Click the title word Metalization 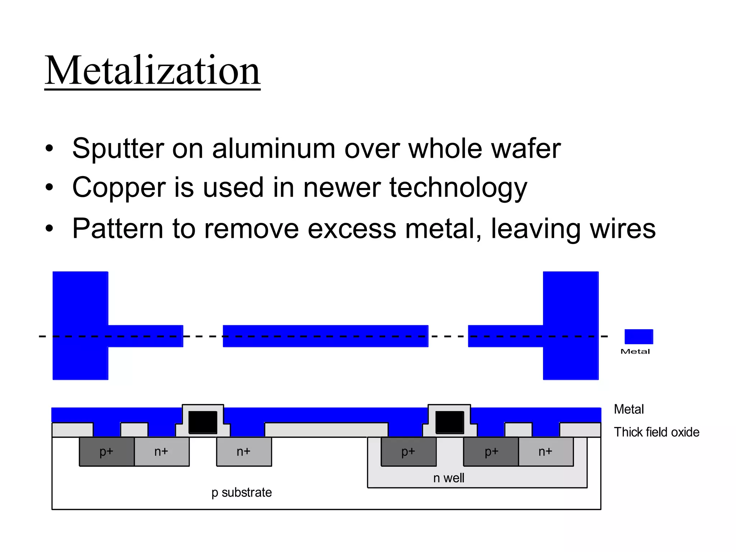coord(152,70)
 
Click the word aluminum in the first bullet coord(273,148)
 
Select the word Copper coord(119,188)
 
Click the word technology coord(458,188)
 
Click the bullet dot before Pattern coord(49,228)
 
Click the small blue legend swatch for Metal coord(639,336)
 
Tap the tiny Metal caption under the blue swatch coord(635,351)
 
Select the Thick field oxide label coord(657,432)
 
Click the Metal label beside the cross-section coord(629,409)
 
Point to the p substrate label coord(241,492)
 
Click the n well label coord(448,478)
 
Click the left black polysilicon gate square coord(203,422)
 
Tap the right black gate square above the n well coord(450,422)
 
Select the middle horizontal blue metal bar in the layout coord(325,336)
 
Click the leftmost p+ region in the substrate coord(106,452)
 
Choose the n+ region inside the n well coord(546,452)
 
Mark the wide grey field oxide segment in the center coord(326,430)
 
